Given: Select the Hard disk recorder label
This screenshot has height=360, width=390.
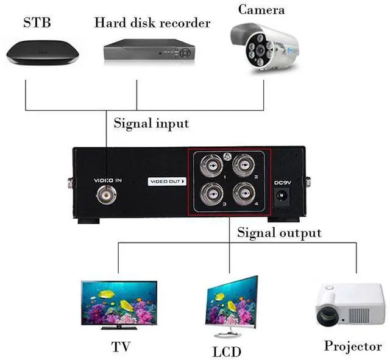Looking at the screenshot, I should click(x=152, y=23).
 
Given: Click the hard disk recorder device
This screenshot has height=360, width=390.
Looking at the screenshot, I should click(x=147, y=51).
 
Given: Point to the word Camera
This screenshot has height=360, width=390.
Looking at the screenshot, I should click(x=261, y=9).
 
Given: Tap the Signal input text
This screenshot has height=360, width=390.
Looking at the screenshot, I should click(x=151, y=123).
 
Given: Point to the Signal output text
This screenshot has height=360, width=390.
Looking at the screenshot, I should click(x=279, y=232).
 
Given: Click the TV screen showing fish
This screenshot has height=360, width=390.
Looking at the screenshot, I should click(x=118, y=302).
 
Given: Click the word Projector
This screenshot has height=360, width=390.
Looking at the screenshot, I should click(x=353, y=346).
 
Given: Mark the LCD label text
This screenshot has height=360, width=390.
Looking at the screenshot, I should click(x=227, y=351).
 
